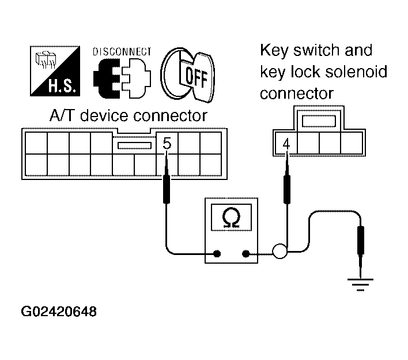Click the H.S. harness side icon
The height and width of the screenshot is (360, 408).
[55, 71]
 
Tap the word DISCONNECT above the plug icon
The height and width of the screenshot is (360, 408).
[122, 51]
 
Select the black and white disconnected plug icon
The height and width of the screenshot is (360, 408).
[122, 78]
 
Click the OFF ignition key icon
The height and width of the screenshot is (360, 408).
[188, 75]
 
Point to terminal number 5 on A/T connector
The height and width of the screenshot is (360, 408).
[167, 143]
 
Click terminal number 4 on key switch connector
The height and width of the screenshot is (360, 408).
[286, 144]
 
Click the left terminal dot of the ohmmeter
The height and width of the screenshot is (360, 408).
[217, 253]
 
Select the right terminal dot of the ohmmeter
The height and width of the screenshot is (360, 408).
[245, 253]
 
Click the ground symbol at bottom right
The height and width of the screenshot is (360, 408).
[360, 284]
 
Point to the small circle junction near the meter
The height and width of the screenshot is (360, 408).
[280, 252]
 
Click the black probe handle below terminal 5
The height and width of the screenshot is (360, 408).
[167, 189]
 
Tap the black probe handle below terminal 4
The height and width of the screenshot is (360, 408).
[287, 189]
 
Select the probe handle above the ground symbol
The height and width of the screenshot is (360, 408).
[360, 240]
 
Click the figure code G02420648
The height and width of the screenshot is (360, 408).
[59, 312]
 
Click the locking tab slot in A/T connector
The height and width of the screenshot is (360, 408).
[134, 145]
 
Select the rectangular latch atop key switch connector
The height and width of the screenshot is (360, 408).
[319, 121]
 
